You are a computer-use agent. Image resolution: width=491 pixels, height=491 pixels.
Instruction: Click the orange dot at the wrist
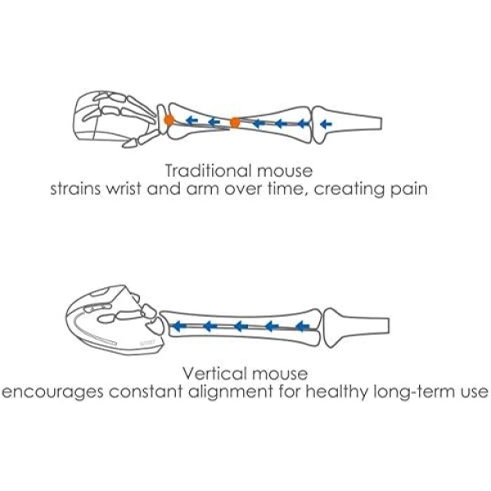[x=168, y=120]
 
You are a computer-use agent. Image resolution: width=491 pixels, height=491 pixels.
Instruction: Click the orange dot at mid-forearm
[x=235, y=123]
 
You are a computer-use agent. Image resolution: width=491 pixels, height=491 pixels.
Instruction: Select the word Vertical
[x=213, y=373]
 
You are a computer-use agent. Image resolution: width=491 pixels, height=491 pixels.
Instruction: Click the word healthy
[x=336, y=391]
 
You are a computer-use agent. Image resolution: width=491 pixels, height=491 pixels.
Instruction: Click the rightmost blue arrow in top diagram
[x=327, y=124]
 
